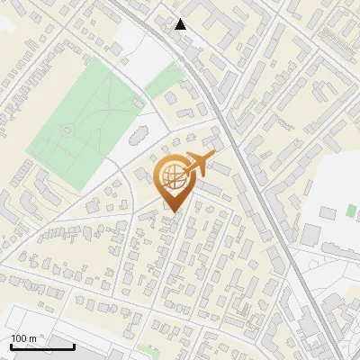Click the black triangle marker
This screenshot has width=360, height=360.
[181, 24]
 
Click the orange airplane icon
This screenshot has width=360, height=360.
[200, 166]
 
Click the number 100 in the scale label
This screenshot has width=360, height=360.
[19, 338]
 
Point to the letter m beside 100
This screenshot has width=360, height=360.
[32, 338]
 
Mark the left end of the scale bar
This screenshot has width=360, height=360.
[11, 346]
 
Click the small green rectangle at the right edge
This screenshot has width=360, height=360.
[351, 211]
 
